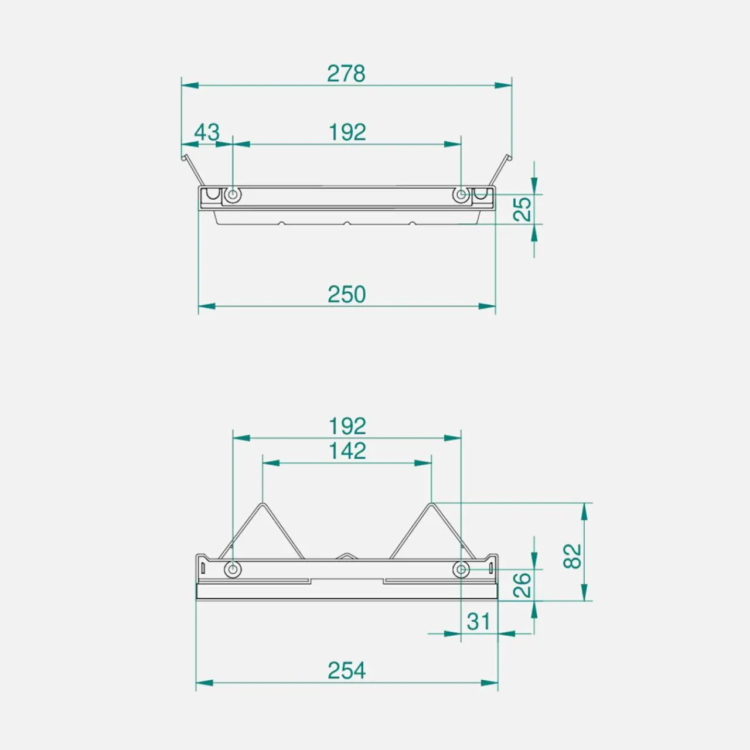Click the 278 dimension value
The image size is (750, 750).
point(346,74)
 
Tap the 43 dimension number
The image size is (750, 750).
point(207,132)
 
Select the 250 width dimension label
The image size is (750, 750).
point(346,295)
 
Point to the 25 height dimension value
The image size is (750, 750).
point(522,209)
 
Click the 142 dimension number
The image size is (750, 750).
point(347,451)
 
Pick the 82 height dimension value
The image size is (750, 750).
point(572,557)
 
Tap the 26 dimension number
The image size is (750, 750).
point(522,585)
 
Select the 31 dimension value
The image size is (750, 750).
point(478,622)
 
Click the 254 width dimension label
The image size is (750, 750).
point(346,670)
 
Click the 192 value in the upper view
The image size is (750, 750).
point(347,132)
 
